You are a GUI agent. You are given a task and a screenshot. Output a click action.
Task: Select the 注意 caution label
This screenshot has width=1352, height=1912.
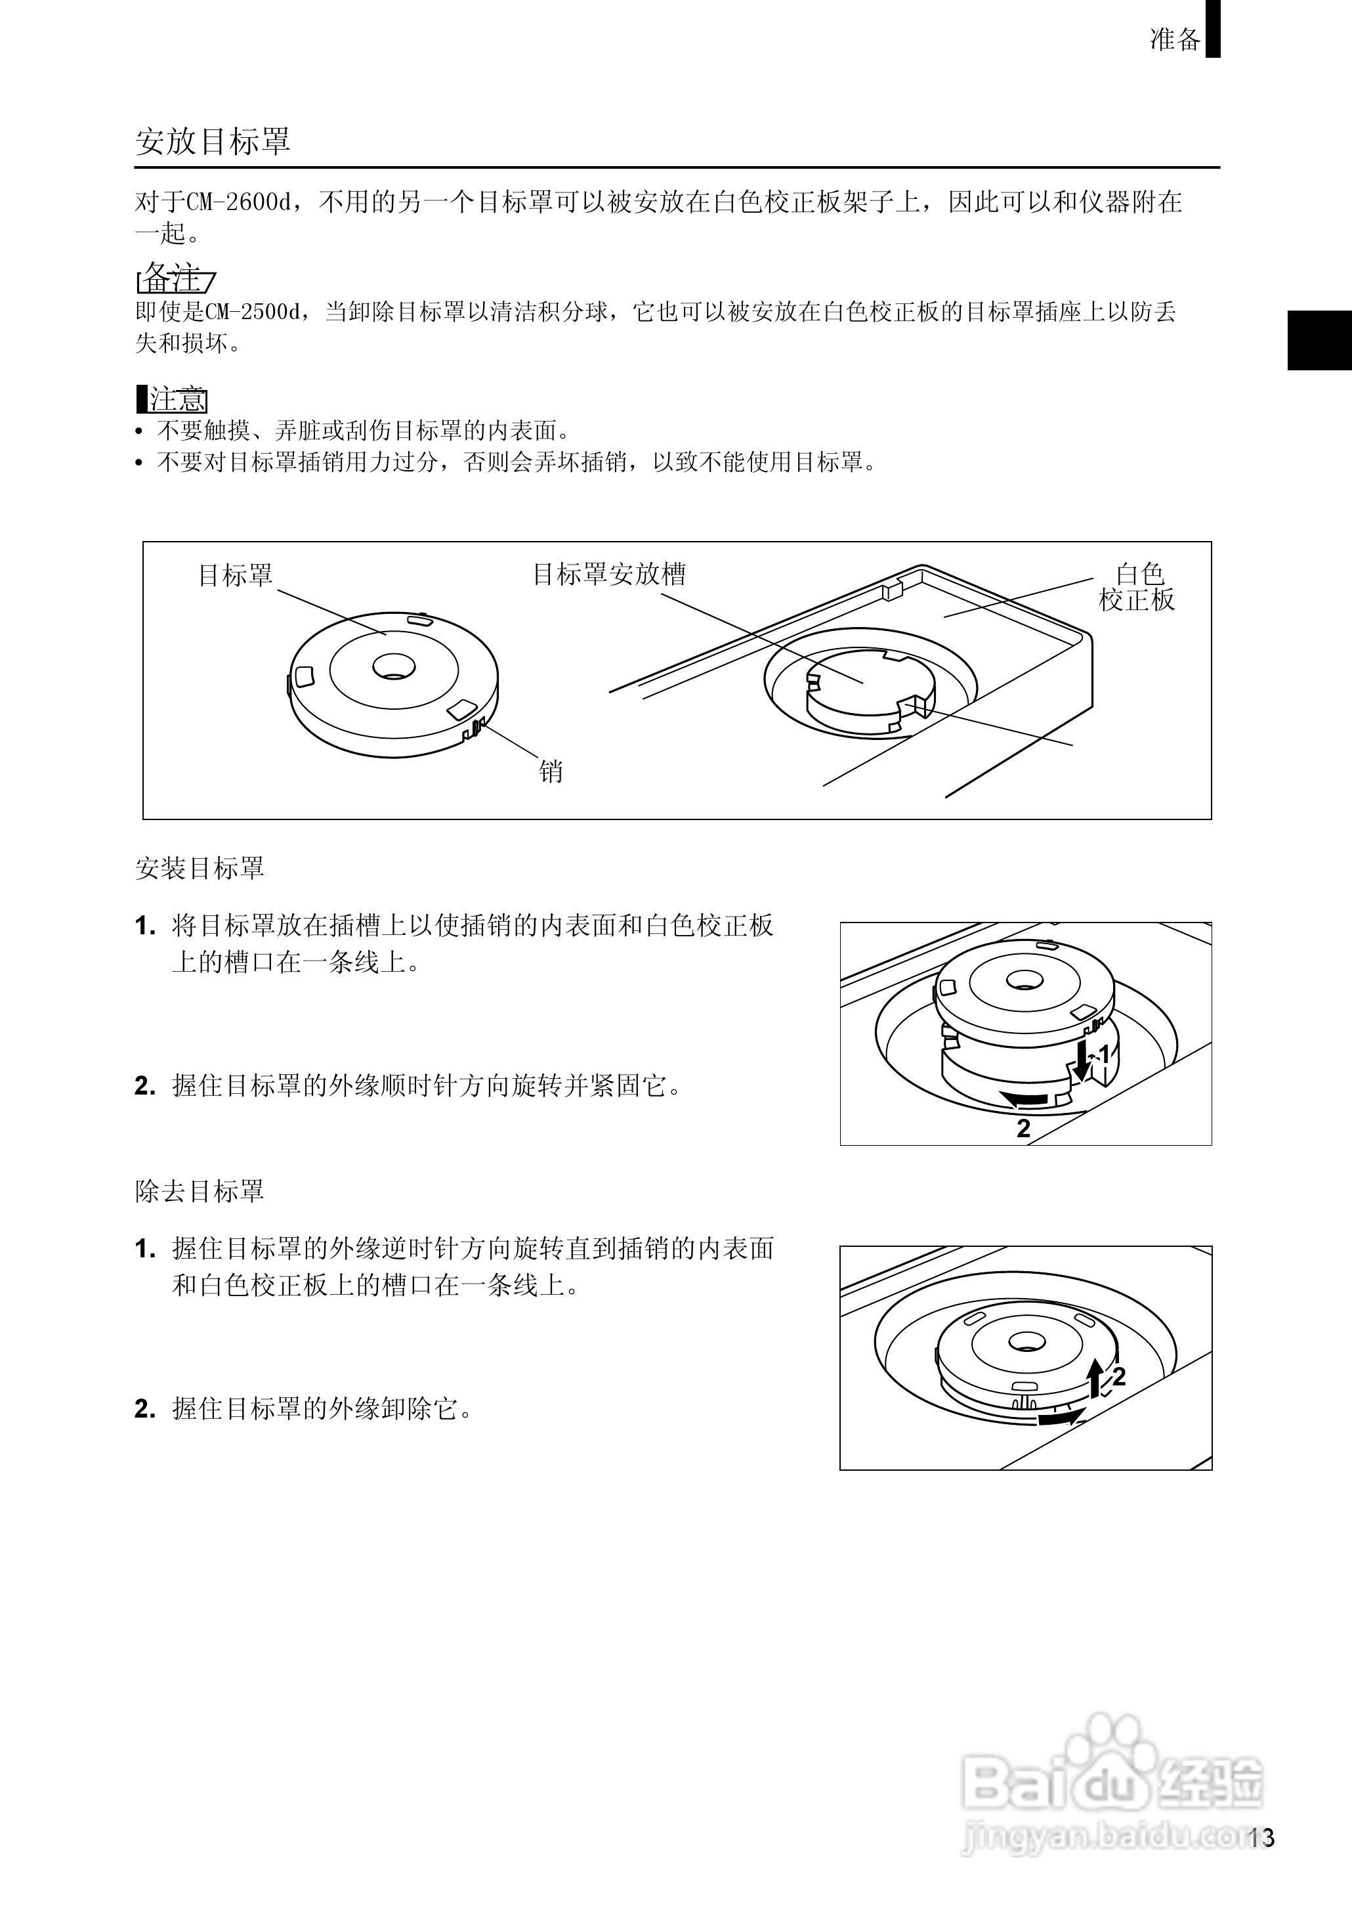click(x=173, y=400)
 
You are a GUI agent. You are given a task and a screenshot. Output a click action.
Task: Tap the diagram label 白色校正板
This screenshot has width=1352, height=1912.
click(x=1137, y=586)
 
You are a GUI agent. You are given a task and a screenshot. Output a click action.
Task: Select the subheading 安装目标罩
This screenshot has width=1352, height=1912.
click(x=200, y=869)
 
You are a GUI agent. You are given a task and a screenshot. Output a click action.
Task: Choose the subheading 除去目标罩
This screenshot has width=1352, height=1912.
click(x=200, y=1191)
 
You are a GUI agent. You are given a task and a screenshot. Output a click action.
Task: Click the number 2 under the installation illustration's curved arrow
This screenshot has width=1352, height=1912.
click(x=1024, y=1129)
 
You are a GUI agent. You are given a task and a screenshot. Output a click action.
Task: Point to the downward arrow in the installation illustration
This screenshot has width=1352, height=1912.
click(x=1082, y=1062)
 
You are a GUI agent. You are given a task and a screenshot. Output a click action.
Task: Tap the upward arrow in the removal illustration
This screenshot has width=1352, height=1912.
click(x=1097, y=1378)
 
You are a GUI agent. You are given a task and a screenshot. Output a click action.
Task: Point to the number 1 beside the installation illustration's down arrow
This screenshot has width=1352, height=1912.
click(x=1104, y=1056)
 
